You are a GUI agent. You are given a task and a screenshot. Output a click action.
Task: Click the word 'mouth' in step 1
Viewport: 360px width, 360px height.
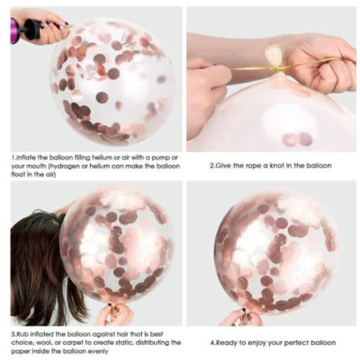tap(36, 166)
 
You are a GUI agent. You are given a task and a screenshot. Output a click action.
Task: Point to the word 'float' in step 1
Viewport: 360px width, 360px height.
tap(18, 174)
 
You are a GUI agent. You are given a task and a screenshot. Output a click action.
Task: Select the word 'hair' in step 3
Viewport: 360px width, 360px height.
tap(122, 334)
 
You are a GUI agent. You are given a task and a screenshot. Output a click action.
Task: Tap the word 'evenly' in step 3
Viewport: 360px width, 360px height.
tap(97, 351)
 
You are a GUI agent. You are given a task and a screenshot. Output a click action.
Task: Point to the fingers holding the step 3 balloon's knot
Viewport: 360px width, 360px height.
tap(114, 314)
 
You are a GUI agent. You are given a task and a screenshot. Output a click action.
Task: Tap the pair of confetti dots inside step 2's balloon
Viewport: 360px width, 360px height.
tap(297, 140)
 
